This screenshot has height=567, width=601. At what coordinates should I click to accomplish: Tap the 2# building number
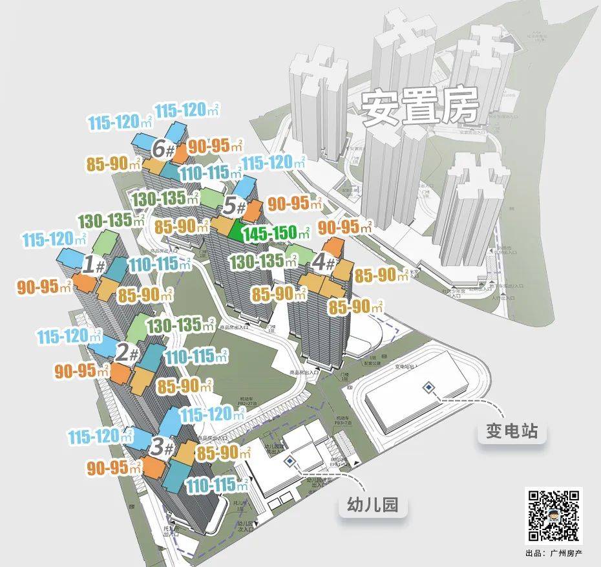click(x=127, y=353)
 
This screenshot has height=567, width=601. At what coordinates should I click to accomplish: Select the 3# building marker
click(x=162, y=446)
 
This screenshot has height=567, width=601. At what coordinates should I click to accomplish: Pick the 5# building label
click(x=234, y=208)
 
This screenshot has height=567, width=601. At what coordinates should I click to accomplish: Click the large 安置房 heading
click(x=419, y=108)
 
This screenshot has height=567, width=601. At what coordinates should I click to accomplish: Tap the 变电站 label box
click(x=512, y=431)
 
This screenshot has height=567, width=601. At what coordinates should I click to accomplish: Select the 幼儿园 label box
click(x=374, y=506)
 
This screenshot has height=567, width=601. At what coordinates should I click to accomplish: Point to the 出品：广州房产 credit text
click(x=554, y=553)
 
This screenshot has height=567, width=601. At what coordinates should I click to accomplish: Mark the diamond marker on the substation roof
click(x=428, y=387)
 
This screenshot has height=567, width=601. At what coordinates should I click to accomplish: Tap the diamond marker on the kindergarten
click(x=290, y=461)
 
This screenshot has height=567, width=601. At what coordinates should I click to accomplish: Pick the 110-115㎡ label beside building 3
click(x=216, y=485)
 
